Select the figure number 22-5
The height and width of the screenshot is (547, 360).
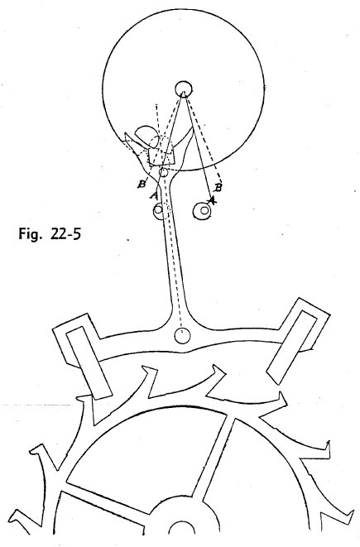(x=65, y=233)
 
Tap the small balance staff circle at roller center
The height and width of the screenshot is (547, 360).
(x=184, y=89)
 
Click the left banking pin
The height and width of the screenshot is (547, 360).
(x=159, y=211)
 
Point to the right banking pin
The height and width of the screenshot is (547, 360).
(x=202, y=211)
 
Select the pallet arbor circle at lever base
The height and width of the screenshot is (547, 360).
(x=182, y=336)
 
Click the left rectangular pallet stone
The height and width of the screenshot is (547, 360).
(x=89, y=362)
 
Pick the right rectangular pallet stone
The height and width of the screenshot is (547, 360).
(x=291, y=347)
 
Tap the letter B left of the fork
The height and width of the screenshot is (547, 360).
(x=142, y=184)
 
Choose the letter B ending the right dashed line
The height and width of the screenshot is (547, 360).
(x=218, y=188)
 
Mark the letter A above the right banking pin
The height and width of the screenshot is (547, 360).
(x=211, y=200)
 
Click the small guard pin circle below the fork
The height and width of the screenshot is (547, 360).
(x=163, y=172)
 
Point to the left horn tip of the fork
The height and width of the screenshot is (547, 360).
(x=126, y=133)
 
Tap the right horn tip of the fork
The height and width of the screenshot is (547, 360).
(x=192, y=129)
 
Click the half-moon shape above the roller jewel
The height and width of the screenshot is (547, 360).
(x=146, y=135)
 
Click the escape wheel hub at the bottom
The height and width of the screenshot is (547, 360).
(x=181, y=523)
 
